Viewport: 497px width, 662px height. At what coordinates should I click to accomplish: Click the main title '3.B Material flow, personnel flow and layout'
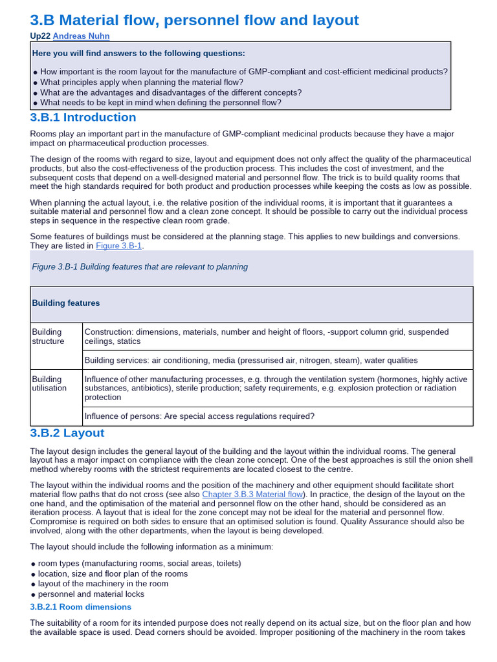pos(194,20)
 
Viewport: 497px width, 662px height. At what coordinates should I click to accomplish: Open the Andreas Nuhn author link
pos(82,36)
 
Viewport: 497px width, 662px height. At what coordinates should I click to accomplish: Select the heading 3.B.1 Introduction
pos(83,117)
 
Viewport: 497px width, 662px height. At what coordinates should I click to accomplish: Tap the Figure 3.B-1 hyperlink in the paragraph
pos(119,246)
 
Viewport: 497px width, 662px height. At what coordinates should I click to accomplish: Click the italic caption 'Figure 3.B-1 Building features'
pos(139,266)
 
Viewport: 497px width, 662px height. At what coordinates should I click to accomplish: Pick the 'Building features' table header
pos(65,303)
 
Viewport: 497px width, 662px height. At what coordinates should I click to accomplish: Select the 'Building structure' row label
pos(49,336)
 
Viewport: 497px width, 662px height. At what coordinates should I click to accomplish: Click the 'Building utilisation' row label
pos(49,383)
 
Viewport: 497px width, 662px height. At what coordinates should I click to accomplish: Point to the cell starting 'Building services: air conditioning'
pos(251,360)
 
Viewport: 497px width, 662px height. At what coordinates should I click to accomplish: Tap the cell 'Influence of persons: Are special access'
pos(199,416)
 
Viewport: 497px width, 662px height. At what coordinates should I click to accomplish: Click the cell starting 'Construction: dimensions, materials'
pos(267,336)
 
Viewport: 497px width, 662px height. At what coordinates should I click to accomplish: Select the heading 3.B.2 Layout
pos(67,432)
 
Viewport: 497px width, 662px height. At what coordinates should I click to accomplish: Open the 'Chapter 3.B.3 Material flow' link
pos(252,494)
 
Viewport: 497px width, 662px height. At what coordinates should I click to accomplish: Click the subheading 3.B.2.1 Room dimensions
pos(81,606)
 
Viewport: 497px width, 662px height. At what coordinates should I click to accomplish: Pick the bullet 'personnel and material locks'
pos(91,593)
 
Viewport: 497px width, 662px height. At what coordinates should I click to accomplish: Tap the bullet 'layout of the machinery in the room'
pos(103,583)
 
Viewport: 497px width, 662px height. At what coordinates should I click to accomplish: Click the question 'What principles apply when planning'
pos(141,82)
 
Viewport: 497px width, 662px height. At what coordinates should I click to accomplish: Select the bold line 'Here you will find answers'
pos(138,52)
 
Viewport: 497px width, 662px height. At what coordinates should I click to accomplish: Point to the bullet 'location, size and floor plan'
pos(113,573)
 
